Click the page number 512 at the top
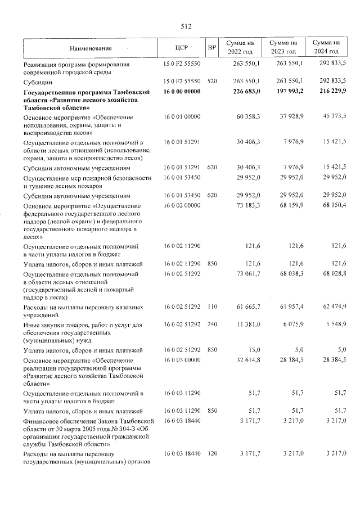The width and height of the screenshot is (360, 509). (x=187, y=26)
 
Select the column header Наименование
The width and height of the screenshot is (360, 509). (x=91, y=48)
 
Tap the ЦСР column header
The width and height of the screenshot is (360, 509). (x=181, y=48)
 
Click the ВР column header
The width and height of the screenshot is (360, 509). (x=212, y=48)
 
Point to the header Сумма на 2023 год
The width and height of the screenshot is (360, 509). (x=283, y=48)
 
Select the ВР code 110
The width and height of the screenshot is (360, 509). (x=212, y=308)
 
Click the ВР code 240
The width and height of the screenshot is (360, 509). (x=212, y=325)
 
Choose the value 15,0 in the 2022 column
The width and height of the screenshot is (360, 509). (x=253, y=350)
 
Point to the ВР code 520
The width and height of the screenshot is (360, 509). (x=212, y=81)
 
